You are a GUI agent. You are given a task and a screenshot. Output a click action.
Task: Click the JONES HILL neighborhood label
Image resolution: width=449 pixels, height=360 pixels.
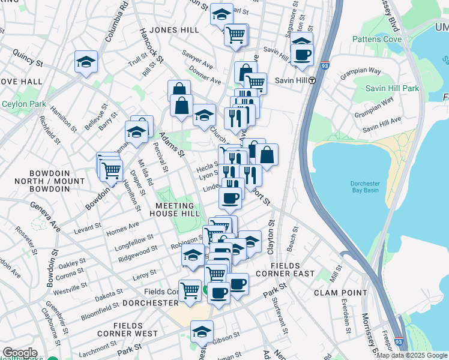click(x=174, y=29)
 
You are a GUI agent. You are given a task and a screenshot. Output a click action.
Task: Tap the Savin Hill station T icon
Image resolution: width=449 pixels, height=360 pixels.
click(x=312, y=80)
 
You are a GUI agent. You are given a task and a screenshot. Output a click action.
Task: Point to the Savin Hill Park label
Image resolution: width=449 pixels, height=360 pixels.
click(x=393, y=88)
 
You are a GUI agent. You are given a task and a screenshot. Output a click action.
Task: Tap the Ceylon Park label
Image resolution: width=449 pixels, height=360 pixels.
click(x=24, y=104)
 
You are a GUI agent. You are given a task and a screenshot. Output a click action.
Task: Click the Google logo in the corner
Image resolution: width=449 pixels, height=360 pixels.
click(x=19, y=353)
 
